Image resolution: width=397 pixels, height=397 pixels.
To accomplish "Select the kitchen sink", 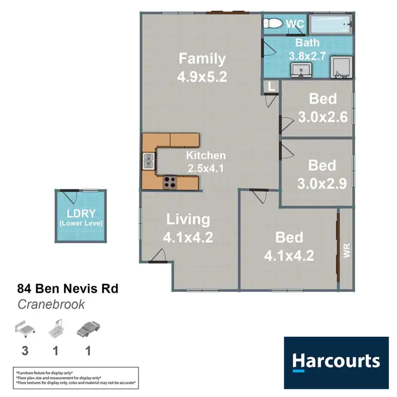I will (148, 160).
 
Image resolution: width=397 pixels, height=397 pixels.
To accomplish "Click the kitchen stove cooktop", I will (170, 183).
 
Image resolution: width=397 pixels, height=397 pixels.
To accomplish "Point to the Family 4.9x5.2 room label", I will (202, 67).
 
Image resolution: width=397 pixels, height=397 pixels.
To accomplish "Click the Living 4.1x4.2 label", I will (188, 228).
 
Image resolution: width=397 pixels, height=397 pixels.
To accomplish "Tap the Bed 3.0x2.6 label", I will (322, 107).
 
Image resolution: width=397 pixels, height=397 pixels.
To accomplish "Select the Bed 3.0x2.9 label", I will (322, 174).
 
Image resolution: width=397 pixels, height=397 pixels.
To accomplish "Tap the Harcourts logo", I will (337, 361).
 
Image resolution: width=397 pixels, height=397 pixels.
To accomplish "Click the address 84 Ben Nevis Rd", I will (68, 289).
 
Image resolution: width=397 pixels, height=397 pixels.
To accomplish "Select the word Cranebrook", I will (51, 304).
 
